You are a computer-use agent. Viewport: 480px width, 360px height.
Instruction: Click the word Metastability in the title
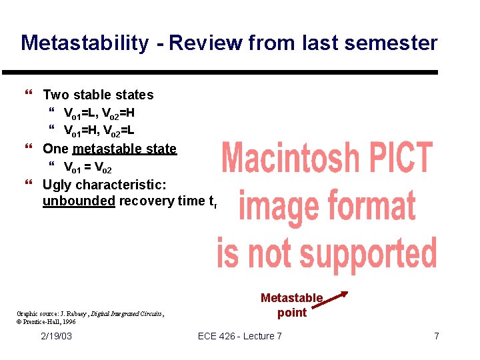click(85, 43)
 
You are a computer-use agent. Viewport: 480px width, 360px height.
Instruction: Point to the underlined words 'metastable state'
click(125, 149)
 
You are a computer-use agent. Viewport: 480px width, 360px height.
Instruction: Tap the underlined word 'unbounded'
click(79, 201)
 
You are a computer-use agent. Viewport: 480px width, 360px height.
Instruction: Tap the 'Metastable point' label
click(291, 305)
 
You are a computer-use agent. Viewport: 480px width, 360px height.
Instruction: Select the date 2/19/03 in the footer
click(56, 336)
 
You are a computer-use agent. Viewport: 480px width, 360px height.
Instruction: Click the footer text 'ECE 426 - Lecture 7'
click(240, 336)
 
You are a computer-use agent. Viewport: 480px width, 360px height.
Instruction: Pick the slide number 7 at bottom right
click(437, 336)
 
